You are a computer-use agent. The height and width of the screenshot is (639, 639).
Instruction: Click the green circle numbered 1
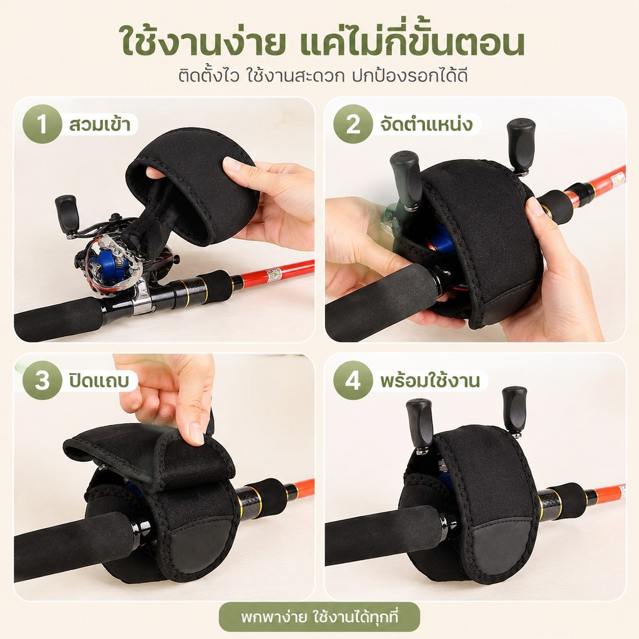pos(42,124)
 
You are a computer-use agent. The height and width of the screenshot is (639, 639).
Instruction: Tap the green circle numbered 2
pos(353,124)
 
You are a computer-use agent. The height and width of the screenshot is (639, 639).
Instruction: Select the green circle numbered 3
pos(42,380)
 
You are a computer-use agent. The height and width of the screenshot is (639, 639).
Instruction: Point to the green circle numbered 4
pos(353,380)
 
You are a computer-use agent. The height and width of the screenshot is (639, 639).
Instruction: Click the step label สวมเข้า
pos(100,124)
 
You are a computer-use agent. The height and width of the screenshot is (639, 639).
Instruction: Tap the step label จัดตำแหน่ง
pos(426,124)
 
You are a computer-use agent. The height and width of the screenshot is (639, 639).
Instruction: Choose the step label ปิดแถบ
pos(99,381)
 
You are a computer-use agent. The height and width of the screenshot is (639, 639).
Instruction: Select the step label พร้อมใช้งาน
pos(430,381)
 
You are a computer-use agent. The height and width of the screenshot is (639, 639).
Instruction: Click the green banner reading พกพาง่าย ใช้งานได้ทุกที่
pos(319,617)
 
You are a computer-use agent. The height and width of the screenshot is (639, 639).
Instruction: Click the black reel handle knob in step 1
pos(67,214)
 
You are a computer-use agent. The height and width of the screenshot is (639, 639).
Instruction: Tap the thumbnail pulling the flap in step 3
pos(197,434)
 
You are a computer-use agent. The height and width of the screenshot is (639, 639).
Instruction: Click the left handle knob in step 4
pos(419,424)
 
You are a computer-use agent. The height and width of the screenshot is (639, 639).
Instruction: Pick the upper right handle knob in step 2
pos(520,144)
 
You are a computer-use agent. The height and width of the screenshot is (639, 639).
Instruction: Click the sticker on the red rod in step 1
pos(274,275)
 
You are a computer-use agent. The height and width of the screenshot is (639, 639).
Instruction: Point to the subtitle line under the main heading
pos(323,76)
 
